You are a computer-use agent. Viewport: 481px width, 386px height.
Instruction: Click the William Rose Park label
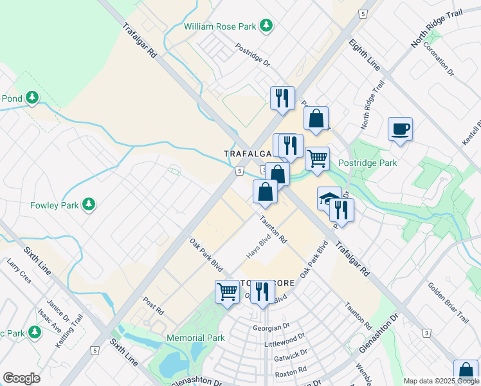tap(220, 26)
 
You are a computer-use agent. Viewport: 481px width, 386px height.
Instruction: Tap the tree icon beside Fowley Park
tap(89, 205)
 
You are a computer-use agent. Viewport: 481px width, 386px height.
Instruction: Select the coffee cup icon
tap(400, 129)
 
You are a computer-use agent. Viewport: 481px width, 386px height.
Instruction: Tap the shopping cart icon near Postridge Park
tap(317, 158)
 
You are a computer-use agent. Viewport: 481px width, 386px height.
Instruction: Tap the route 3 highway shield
tap(426, 333)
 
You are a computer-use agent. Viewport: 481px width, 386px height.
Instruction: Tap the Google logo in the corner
tap(21, 378)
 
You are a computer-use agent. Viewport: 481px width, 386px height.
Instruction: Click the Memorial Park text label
tap(195, 338)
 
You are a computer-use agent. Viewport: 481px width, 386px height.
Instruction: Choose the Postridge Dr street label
tap(252, 55)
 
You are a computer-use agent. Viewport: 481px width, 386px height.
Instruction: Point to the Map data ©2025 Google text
tap(441, 381)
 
